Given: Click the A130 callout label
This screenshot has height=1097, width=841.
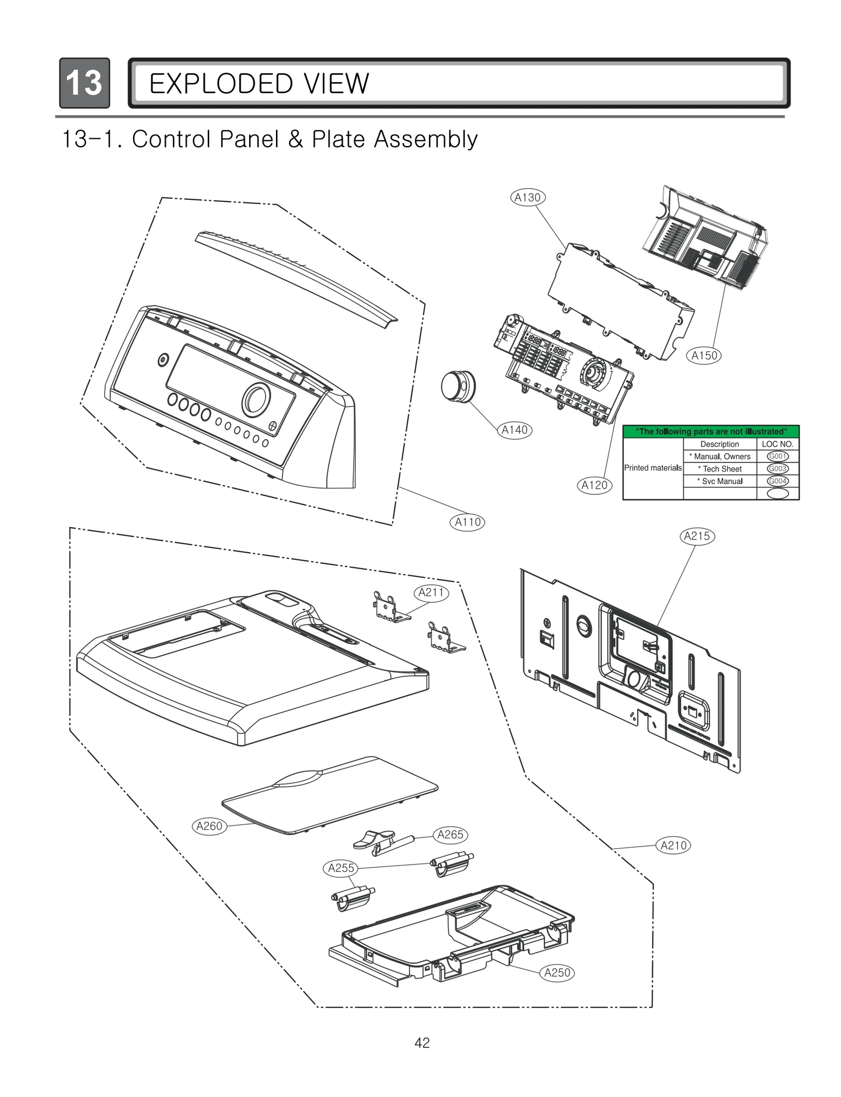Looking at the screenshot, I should point(527,198).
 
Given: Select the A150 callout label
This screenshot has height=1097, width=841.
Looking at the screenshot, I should point(704,355).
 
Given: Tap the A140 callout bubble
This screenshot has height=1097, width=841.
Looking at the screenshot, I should point(515,430).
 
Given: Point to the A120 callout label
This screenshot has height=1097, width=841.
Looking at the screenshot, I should point(594,485).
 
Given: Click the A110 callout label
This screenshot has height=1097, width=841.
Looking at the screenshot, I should point(467,522).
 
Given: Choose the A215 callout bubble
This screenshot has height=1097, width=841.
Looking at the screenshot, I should point(697,536).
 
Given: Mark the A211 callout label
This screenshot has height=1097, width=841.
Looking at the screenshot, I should point(431,593).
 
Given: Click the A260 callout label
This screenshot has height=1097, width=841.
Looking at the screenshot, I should point(209,826).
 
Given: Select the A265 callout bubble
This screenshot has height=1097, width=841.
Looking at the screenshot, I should point(450,835).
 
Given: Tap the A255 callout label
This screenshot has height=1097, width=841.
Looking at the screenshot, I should point(341,868).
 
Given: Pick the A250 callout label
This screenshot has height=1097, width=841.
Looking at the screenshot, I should point(557,973).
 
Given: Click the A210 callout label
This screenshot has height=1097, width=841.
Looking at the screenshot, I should point(673,846).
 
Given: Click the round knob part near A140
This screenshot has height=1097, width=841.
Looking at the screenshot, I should point(457,385).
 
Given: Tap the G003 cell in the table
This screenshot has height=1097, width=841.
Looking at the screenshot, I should point(777,469).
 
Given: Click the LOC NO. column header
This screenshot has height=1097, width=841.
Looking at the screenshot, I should point(777,444).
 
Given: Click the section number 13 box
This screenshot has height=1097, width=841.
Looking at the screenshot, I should point(85,83).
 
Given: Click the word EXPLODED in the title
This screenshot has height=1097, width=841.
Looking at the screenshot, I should point(215,84).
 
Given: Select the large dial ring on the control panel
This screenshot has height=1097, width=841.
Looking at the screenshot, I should point(256,399).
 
